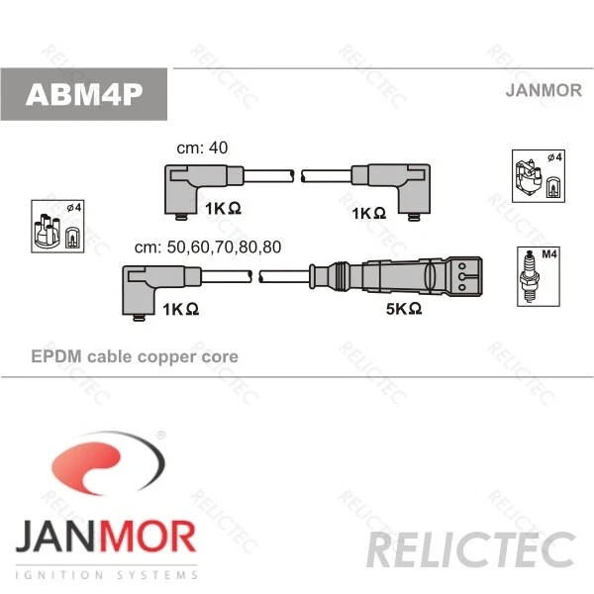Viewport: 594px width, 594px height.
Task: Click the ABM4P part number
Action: click(84, 94)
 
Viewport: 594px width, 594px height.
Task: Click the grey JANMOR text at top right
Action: click(544, 90)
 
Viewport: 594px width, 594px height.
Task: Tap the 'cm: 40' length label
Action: click(202, 148)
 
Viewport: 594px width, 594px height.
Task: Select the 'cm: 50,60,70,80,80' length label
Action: click(208, 247)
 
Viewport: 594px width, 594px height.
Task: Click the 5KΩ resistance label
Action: click(404, 309)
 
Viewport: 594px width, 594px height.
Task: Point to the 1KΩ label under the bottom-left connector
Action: click(181, 309)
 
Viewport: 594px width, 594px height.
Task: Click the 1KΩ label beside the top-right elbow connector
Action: click(369, 213)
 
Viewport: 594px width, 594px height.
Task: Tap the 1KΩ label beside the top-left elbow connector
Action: click(223, 208)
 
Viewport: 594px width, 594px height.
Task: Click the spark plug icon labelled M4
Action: click(539, 276)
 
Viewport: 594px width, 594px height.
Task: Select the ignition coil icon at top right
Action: click(539, 176)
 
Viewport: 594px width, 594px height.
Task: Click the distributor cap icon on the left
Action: click(57, 227)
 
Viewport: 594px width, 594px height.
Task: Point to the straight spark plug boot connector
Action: click(396, 276)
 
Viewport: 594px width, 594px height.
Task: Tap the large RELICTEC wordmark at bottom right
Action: click(471, 549)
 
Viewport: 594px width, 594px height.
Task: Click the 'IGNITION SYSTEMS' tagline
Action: click(107, 575)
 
